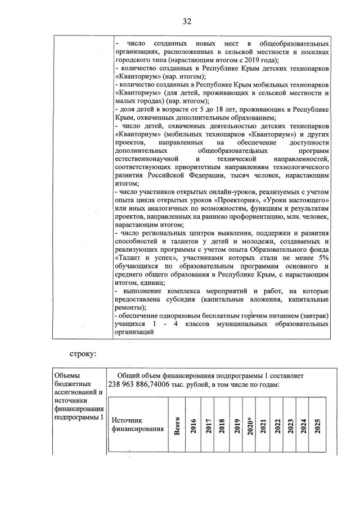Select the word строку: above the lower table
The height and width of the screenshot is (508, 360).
[84, 355]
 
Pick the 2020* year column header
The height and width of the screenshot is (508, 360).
[250, 425]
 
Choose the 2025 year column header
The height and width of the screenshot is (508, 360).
[318, 425]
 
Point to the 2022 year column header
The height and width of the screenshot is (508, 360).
[278, 425]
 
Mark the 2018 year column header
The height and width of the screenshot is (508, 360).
[221, 425]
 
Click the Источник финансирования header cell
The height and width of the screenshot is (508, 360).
[130, 425]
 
